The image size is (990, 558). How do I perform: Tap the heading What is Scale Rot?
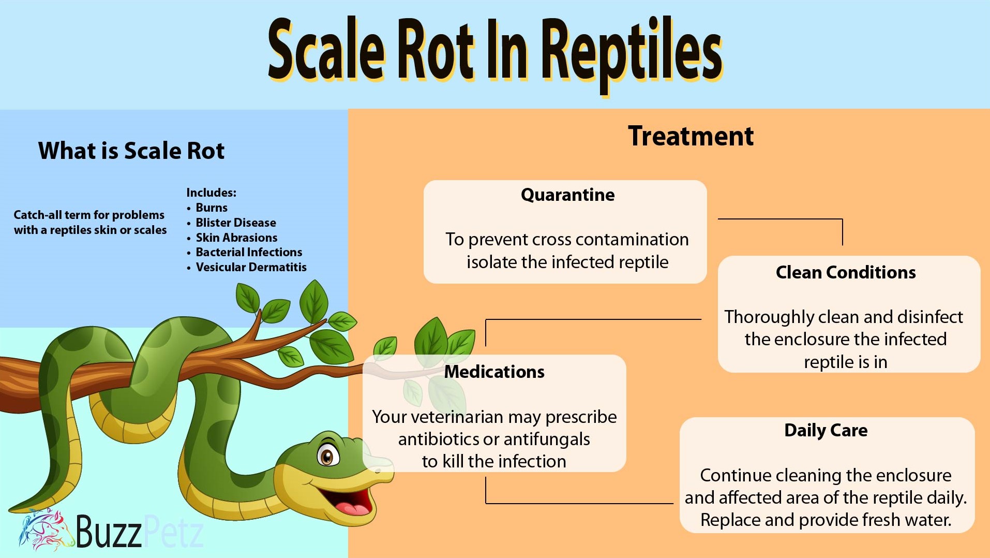pyautogui.click(x=131, y=151)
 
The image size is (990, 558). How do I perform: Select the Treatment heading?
pyautogui.click(x=691, y=136)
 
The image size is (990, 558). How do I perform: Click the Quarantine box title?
pyautogui.click(x=567, y=195)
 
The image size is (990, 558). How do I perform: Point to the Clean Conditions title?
pyautogui.click(x=845, y=272)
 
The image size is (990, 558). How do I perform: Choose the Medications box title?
pyautogui.click(x=494, y=372)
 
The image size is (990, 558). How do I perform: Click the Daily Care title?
pyautogui.click(x=826, y=430)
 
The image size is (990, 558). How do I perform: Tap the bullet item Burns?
pyautogui.click(x=211, y=208)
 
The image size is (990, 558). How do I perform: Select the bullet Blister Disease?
pyautogui.click(x=235, y=223)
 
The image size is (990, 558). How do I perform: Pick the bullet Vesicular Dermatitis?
pyautogui.click(x=251, y=267)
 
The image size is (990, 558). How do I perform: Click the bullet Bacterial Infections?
pyautogui.click(x=248, y=252)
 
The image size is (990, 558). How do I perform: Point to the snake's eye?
pyautogui.click(x=327, y=456)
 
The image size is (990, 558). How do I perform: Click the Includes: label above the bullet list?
pyautogui.click(x=211, y=193)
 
